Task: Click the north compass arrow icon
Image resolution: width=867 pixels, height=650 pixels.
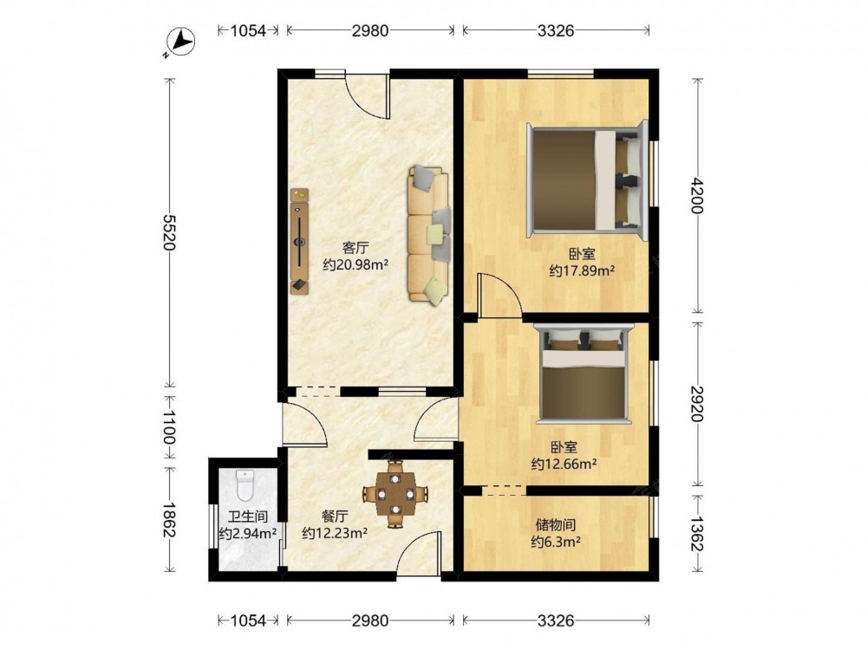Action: click(x=181, y=42)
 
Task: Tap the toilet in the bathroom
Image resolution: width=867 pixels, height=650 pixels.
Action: click(x=244, y=484)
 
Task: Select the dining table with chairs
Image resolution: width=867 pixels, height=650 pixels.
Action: click(x=394, y=493)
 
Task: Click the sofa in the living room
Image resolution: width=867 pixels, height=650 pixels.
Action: click(x=428, y=235)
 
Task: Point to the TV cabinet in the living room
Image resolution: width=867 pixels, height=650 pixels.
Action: click(x=299, y=242)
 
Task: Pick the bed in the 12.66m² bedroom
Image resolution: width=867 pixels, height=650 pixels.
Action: click(x=583, y=374)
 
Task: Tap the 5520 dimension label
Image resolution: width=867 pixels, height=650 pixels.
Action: click(x=170, y=232)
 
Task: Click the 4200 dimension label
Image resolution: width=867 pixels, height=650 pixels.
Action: click(x=697, y=196)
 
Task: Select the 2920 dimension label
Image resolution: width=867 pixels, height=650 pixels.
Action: click(x=697, y=404)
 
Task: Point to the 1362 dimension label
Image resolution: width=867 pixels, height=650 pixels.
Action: click(x=697, y=533)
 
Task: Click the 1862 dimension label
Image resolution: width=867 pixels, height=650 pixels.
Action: click(x=170, y=519)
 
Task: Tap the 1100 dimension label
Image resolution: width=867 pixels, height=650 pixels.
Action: click(x=170, y=426)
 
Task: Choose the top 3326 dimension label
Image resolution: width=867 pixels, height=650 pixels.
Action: click(x=556, y=31)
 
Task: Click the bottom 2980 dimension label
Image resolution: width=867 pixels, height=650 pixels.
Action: click(x=370, y=621)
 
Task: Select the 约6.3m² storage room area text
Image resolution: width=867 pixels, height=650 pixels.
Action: click(x=556, y=542)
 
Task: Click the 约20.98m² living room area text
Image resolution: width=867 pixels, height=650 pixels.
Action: click(x=355, y=264)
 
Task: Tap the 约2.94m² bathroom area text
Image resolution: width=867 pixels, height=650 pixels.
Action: click(x=247, y=533)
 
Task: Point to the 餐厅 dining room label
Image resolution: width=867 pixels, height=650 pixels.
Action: click(x=335, y=517)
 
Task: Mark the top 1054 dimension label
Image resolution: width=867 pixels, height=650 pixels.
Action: click(x=248, y=31)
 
